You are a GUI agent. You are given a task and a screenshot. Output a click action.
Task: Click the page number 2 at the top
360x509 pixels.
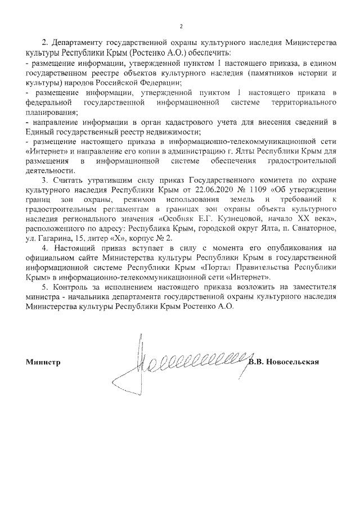tap(181, 26)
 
